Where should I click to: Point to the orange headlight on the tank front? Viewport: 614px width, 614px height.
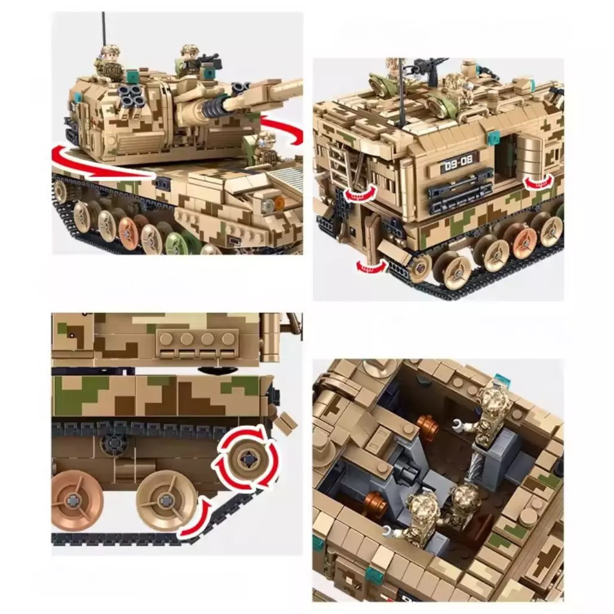click(x=279, y=202)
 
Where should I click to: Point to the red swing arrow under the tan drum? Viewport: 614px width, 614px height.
click(x=541, y=181)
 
